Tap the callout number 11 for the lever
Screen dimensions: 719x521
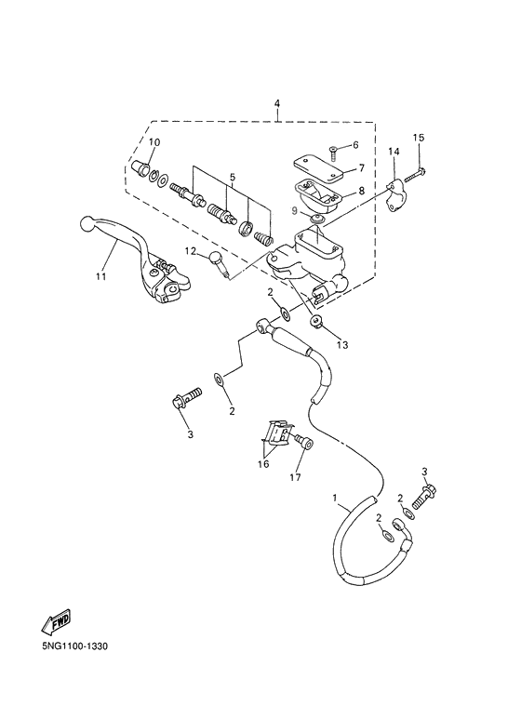coord(100,275)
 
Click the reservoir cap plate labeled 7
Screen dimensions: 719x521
coord(314,168)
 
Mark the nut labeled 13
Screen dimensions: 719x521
coord(318,322)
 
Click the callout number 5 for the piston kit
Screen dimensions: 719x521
coord(233,176)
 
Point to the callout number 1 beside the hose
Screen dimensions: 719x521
coord(335,499)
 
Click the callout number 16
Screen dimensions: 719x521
coord(263,462)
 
